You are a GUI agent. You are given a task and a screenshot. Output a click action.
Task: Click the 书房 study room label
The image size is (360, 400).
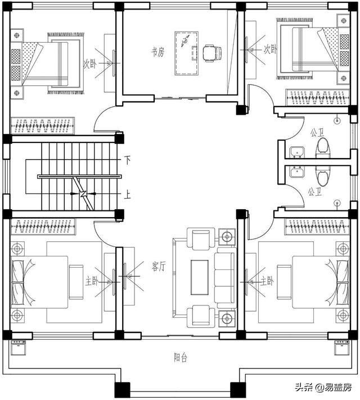[x=157, y=52]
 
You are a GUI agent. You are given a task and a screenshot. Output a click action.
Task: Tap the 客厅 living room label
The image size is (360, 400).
[x=159, y=267]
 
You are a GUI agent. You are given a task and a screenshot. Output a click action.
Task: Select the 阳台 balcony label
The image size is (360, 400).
[x=181, y=357]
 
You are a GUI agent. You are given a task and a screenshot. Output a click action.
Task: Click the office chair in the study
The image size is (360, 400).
[x=212, y=53]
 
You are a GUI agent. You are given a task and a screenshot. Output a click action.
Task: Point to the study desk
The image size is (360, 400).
[x=187, y=53]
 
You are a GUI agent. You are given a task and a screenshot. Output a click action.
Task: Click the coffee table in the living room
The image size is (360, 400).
[x=200, y=277]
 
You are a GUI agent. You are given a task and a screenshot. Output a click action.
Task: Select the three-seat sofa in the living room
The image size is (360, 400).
[x=225, y=277]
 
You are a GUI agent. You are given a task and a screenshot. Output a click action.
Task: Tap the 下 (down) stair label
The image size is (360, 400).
[x=127, y=160]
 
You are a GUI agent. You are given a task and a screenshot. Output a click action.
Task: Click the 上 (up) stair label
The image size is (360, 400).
[x=127, y=195]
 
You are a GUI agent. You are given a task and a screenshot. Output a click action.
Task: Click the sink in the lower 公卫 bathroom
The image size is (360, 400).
[x=297, y=172]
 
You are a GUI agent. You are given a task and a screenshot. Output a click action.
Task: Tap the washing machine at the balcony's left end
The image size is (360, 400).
[x=18, y=348]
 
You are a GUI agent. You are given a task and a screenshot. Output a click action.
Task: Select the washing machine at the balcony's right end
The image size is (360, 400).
[x=342, y=347]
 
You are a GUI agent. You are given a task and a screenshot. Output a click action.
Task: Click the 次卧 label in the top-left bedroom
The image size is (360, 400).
[x=90, y=64]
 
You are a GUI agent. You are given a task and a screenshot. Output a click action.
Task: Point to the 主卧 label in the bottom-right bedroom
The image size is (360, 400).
[x=267, y=281]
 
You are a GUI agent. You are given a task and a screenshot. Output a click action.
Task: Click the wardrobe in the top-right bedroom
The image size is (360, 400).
[x=317, y=97]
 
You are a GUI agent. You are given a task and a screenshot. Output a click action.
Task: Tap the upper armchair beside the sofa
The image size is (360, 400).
[x=201, y=239]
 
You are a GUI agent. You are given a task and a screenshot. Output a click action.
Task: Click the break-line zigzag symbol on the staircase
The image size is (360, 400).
[x=83, y=194]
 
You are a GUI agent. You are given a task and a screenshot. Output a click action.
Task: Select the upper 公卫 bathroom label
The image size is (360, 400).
[x=317, y=133]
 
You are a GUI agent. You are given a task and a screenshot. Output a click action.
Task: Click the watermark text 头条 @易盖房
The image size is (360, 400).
[x=323, y=388]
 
